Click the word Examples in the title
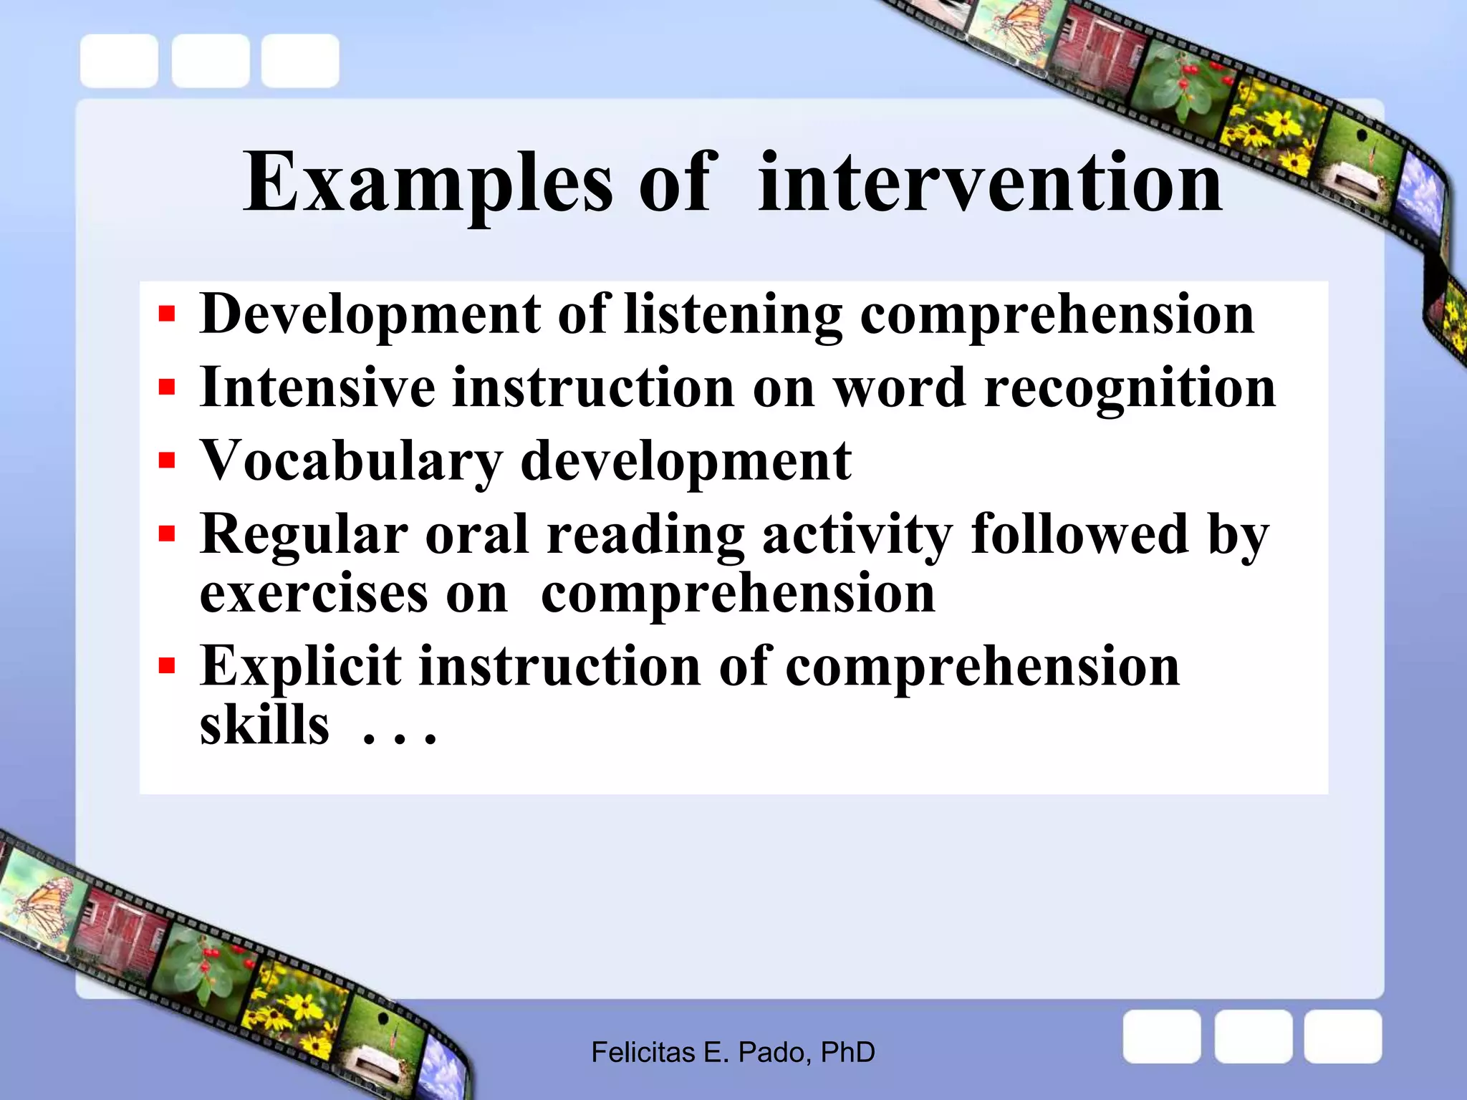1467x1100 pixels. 428,183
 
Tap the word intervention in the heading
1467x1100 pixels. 990,183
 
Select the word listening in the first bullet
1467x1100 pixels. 733,314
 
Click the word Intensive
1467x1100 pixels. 317,387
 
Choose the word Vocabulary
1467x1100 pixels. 351,460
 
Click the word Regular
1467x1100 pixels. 304,534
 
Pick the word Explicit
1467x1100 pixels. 300,666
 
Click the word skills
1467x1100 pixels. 264,725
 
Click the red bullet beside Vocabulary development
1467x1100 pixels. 167,459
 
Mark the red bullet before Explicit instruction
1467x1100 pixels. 167,666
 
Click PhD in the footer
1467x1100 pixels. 847,1053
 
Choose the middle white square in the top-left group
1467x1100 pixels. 210,61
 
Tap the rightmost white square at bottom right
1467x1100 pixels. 1342,1036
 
